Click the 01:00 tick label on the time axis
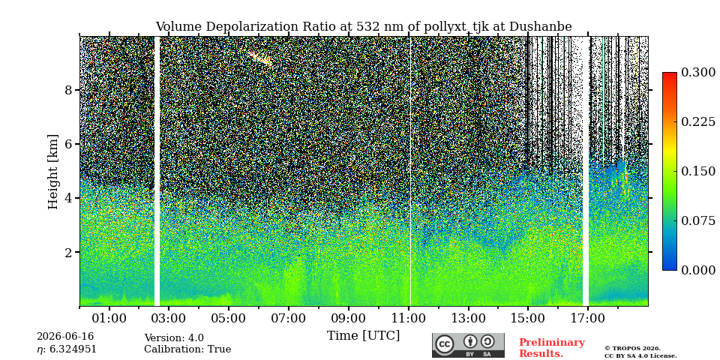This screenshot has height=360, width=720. coord(109,318)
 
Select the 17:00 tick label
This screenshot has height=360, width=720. coord(588,318)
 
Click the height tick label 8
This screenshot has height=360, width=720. coord(69,90)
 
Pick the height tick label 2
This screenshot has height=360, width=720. coord(69,252)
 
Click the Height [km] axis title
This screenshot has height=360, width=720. coord(53,172)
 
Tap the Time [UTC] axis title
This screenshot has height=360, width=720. coord(363,336)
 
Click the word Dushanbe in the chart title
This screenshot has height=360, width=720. coord(543,27)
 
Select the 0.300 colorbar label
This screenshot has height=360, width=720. coord(698,73)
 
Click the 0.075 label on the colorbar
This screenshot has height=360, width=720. coord(698,220)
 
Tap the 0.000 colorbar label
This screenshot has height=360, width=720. coord(698,270)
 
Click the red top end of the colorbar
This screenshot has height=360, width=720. coord(670,75)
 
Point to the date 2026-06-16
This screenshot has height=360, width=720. coord(65,337)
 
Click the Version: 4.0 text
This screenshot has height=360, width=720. coord(174,338)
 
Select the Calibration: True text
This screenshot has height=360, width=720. coord(187,349)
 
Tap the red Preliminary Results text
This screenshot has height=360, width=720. coord(552,348)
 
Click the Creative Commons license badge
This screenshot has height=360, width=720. coord(468,345)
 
